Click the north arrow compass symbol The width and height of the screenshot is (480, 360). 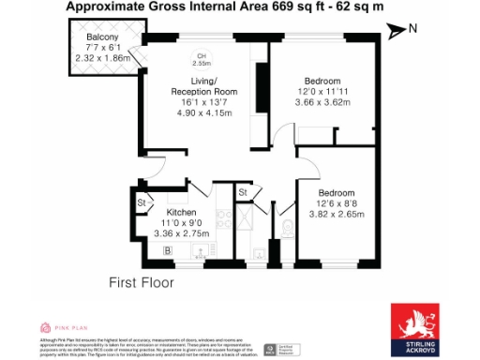point(401,29)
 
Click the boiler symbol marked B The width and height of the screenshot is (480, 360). point(167,250)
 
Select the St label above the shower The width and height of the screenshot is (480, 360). point(242,193)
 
